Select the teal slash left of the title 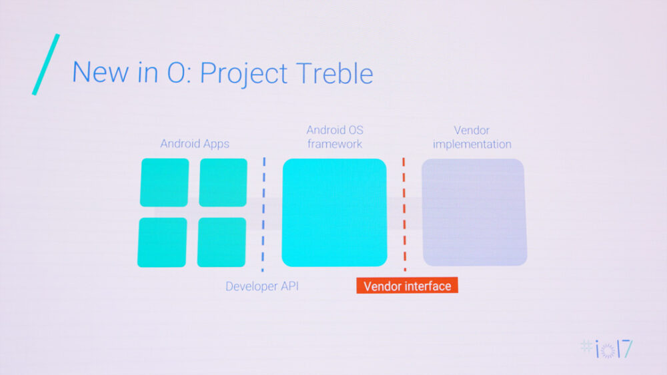[45, 64]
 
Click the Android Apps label [195, 144]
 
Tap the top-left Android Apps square [164, 183]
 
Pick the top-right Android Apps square [223, 183]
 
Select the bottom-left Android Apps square [162, 242]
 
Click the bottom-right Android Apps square [221, 242]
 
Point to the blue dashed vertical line [263, 214]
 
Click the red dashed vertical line [404, 214]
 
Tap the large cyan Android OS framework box [334, 212]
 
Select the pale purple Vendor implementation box [474, 212]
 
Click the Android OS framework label [334, 137]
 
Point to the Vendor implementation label [472, 137]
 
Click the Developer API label [261, 286]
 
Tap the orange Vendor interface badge [407, 286]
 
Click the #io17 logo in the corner [606, 348]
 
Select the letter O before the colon [175, 73]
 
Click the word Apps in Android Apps [215, 144]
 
